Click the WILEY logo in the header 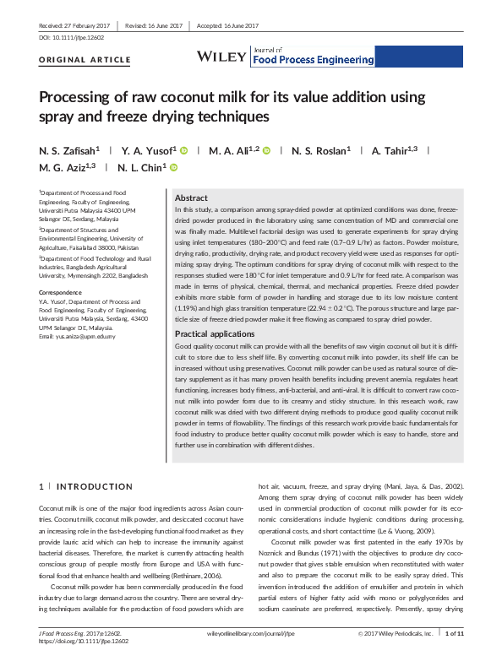tap(219, 56)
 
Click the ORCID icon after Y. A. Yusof tap(183, 150)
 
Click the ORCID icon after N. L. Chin tap(176, 167)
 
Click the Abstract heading tap(190, 197)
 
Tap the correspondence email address tap(82, 337)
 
